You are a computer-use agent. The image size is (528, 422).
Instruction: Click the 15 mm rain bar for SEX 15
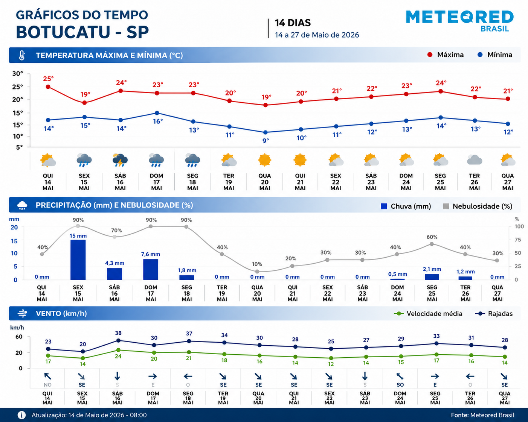[x=78, y=260]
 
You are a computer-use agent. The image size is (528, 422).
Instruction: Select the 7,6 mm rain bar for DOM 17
[x=151, y=269]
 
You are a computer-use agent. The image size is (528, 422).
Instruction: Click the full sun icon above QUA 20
[x=264, y=160]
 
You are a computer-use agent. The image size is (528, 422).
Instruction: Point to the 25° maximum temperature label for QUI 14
[x=48, y=79]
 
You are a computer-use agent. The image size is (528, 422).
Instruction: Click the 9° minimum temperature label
[x=266, y=141]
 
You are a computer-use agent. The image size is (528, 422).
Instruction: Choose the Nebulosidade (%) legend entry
[x=478, y=206]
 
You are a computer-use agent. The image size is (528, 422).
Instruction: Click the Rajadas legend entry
[x=494, y=314]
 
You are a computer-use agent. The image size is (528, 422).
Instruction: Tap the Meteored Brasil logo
[x=459, y=21]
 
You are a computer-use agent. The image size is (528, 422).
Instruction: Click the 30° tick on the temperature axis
[x=18, y=73]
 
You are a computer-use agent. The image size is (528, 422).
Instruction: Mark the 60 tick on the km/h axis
[x=19, y=337]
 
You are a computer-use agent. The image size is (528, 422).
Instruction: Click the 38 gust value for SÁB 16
[x=118, y=333]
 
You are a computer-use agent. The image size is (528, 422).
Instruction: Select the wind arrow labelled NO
[x=47, y=376]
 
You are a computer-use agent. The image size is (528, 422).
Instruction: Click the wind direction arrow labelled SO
[x=400, y=376]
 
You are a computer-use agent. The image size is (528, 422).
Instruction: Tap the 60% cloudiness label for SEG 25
[x=432, y=237]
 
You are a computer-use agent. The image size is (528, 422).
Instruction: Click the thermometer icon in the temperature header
[x=22, y=55]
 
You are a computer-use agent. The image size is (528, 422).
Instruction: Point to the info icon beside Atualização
[x=21, y=415]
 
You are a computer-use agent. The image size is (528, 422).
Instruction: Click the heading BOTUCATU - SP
[x=82, y=32]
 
